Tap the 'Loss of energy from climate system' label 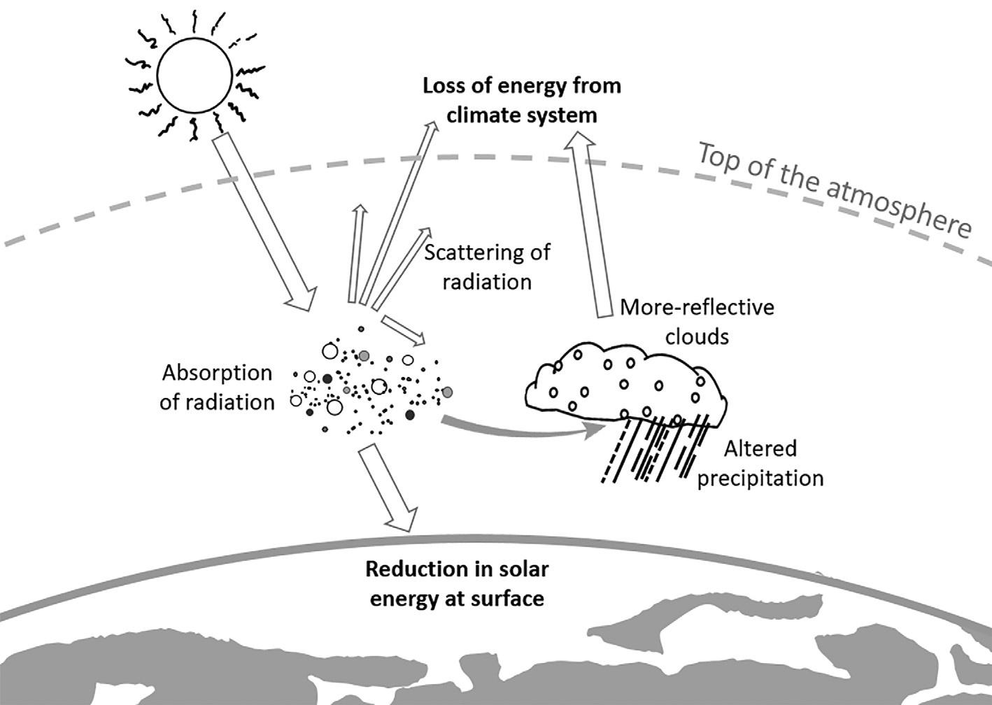(522, 100)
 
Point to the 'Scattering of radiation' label (488, 266)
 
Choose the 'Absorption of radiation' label (217, 387)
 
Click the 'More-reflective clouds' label (697, 321)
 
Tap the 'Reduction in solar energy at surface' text (456, 583)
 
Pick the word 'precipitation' (761, 478)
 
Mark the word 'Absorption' (217, 373)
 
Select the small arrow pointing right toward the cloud (404, 331)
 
